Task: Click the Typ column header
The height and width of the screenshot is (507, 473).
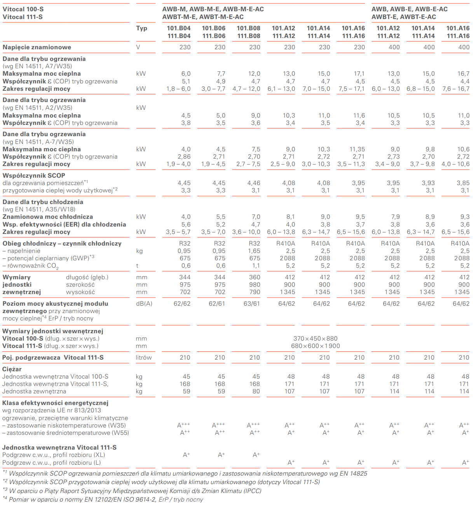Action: (141, 28)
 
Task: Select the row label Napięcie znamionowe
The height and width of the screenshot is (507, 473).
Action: (37, 47)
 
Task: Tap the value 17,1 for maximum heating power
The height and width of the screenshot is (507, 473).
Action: (359, 74)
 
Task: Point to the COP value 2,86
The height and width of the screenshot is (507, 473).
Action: (184, 157)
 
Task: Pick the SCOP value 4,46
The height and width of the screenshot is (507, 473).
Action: (254, 183)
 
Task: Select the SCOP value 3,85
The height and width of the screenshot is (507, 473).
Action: (463, 183)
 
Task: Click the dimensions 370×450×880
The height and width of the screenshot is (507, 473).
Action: (315, 339)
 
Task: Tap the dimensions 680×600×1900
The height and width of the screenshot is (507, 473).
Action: (315, 346)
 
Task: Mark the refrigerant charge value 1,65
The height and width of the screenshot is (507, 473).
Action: (254, 251)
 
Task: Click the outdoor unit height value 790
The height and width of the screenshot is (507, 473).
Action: (255, 292)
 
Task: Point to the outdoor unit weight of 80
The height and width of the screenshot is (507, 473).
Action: (256, 391)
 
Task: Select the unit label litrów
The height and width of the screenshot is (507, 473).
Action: (144, 358)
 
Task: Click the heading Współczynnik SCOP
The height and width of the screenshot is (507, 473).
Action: (34, 176)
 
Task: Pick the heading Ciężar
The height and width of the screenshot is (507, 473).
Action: (12, 369)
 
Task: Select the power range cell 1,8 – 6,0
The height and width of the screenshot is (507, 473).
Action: (178, 89)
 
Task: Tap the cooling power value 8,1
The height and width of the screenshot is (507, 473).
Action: (290, 217)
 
